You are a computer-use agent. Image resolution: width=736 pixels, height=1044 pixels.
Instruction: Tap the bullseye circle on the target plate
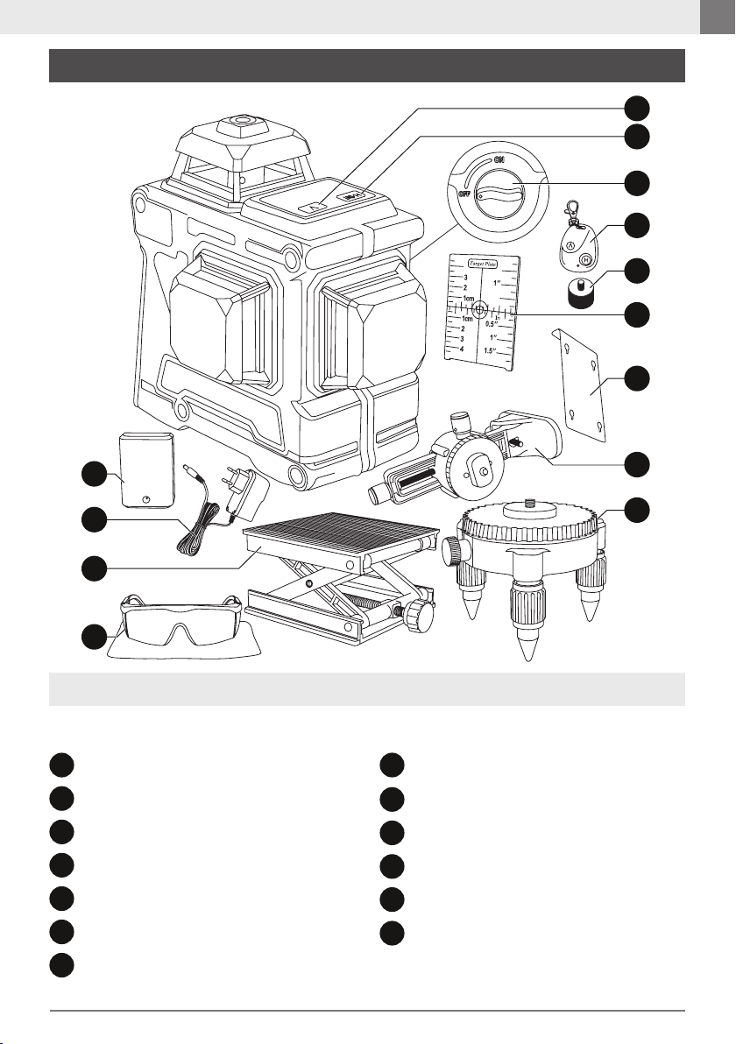480,310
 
